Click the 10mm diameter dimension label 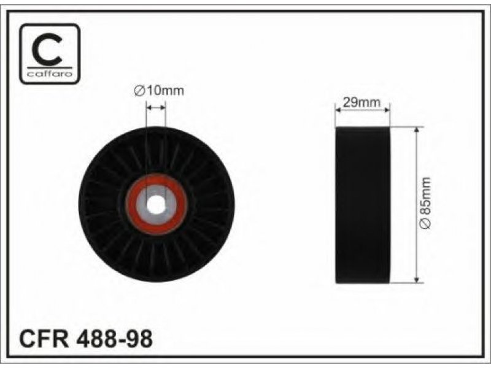coord(158,91)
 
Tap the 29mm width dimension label coord(361,102)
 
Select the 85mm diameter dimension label coord(425,204)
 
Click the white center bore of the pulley coord(156,205)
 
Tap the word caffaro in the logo coord(50,74)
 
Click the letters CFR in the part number coord(44,339)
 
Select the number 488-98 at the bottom coord(114,339)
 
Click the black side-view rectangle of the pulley coord(363,205)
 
